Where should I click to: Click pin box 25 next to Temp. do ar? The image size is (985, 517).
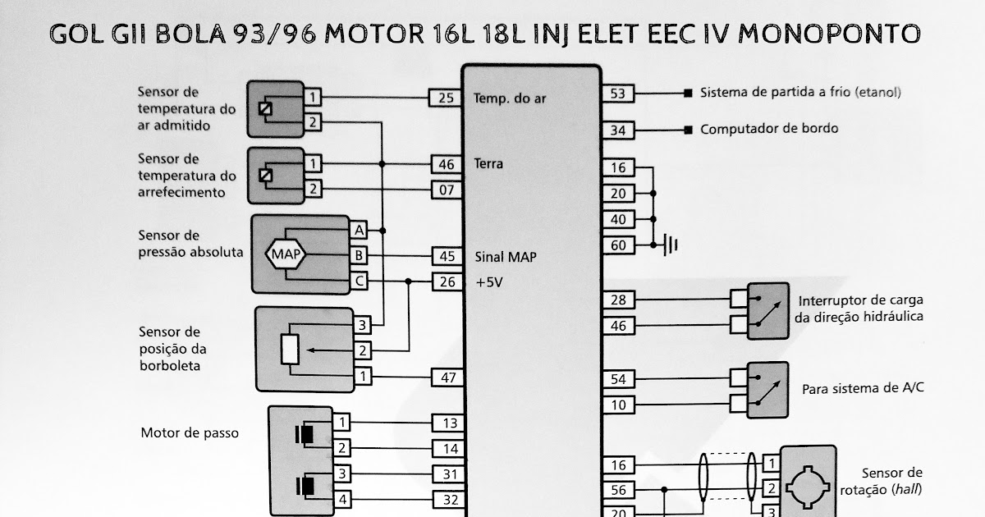[x=446, y=98]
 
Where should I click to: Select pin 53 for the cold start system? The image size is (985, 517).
[x=618, y=94]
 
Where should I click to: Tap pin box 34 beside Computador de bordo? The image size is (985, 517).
[x=618, y=130]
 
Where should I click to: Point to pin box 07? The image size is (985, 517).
[x=446, y=190]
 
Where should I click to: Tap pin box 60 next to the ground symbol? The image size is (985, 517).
[x=618, y=245]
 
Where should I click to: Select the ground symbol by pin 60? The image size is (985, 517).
[x=671, y=245]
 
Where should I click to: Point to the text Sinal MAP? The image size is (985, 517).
[x=506, y=257]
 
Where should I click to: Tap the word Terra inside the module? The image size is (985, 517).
[x=488, y=164]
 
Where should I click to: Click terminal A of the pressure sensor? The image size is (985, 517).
[x=359, y=229]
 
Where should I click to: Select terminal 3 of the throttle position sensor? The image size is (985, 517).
[x=360, y=325]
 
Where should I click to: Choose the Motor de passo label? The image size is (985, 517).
[x=190, y=432]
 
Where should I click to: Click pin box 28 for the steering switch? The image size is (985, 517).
[x=618, y=300]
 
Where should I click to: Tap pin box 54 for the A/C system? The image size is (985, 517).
[x=618, y=379]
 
